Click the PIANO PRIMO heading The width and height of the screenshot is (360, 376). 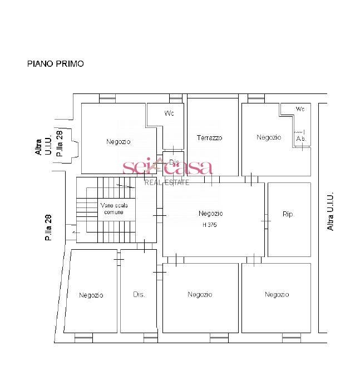click(56, 64)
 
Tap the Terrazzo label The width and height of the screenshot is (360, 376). click(209, 138)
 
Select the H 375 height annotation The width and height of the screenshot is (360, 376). click(209, 225)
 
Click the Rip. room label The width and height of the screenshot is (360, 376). click(288, 214)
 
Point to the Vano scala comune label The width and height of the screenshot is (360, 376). click(114, 209)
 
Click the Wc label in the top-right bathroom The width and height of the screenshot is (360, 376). click(300, 109)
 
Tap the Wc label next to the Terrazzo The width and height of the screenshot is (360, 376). click(169, 113)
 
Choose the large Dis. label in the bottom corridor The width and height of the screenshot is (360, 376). click(139, 294)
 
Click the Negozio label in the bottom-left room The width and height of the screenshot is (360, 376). click(91, 295)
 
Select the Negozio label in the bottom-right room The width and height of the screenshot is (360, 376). click(277, 294)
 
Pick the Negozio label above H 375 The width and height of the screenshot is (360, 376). click(210, 214)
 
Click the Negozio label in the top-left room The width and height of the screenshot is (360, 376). click(119, 142)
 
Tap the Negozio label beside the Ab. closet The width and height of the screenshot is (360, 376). click(269, 137)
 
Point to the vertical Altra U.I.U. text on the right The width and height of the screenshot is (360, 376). click(331, 211)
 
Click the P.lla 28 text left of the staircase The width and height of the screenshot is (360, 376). click(48, 227)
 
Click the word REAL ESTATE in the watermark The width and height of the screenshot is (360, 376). click(167, 182)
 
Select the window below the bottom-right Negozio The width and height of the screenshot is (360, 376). click(292, 338)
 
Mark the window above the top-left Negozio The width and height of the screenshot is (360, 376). click(107, 98)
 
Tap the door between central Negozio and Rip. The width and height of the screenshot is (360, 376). click(266, 221)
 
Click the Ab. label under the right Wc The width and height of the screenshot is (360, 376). click(301, 138)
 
